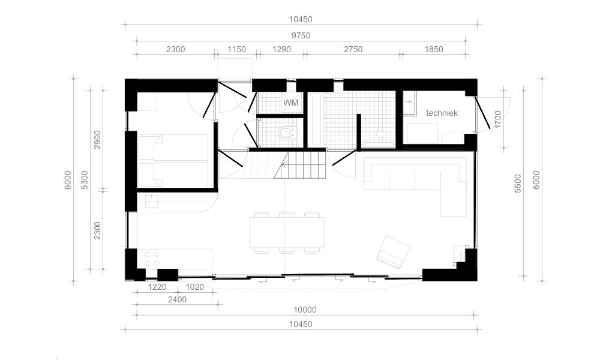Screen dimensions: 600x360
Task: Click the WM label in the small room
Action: click(290, 103)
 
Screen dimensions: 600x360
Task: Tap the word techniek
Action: click(442, 113)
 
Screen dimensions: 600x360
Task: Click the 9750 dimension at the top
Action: click(301, 35)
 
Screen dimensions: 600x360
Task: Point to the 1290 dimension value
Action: click(281, 49)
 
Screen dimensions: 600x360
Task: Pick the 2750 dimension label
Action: click(353, 49)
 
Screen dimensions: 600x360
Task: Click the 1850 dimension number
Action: click(434, 49)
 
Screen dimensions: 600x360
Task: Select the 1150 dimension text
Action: click(236, 49)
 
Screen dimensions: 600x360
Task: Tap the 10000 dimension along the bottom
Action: click(305, 310)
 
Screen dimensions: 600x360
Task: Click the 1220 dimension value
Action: click(157, 287)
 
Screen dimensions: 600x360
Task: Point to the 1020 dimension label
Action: click(194, 287)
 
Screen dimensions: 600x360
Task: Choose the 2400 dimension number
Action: click(177, 299)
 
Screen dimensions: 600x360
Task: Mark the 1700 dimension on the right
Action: click(497, 119)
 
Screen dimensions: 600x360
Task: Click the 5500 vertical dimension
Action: click(518, 183)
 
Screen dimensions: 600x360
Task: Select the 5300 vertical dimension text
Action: click(85, 180)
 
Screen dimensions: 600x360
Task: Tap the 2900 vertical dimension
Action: click(97, 140)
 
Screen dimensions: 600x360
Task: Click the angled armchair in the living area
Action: click(394, 252)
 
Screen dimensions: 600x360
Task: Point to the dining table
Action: click(287, 233)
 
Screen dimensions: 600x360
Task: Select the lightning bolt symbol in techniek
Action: click(409, 102)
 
